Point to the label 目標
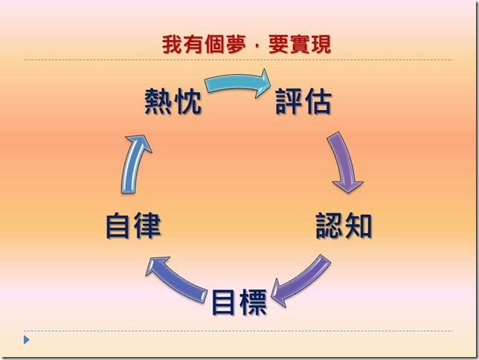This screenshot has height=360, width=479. (239, 301)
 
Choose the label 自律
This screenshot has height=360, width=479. (134, 225)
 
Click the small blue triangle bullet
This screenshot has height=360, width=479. (27, 340)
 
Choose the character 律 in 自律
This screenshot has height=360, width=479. (148, 225)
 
